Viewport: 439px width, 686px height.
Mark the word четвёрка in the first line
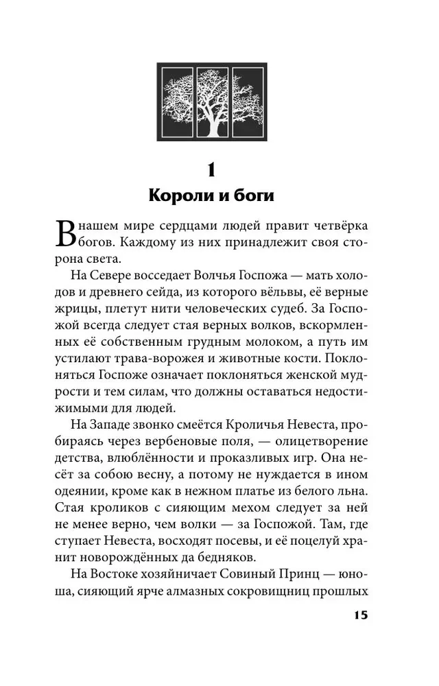pyautogui.click(x=335, y=226)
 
